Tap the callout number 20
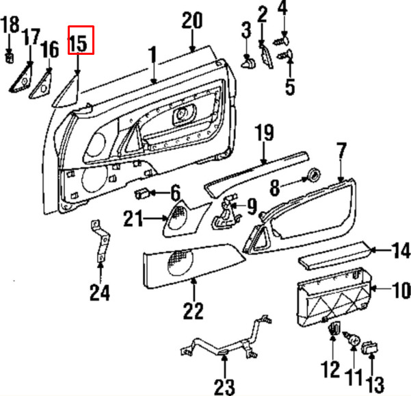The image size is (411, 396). [192, 21]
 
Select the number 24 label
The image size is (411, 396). [100, 293]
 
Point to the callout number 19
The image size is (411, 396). [265, 133]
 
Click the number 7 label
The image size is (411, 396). [341, 151]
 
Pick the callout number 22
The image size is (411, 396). [193, 310]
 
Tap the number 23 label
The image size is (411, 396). [224, 387]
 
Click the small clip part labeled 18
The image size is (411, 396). [10, 58]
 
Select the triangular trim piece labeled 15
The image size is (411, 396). [67, 91]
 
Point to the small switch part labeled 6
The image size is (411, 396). [142, 194]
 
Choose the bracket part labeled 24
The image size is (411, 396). [100, 240]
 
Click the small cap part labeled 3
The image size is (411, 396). [248, 64]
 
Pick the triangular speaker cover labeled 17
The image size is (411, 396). [21, 78]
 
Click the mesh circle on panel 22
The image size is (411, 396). [181, 262]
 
